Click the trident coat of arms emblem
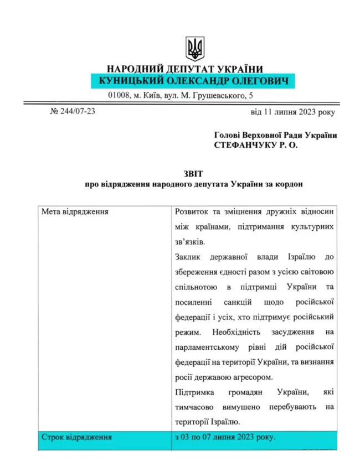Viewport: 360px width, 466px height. pyautogui.click(x=194, y=49)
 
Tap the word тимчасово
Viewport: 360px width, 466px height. pyautogui.click(x=194, y=407)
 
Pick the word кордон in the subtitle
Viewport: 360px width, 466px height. pyautogui.click(x=289, y=184)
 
